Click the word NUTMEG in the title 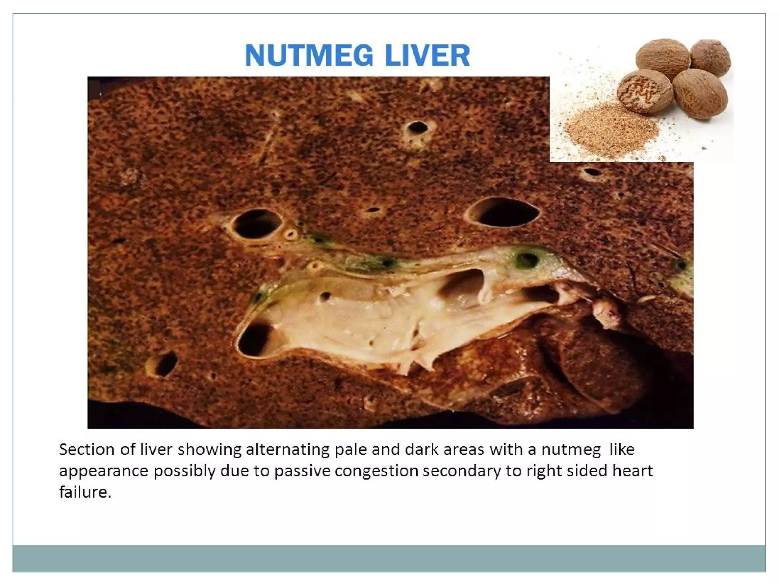(309, 56)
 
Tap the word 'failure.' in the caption (85, 492)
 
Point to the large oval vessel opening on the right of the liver (502, 212)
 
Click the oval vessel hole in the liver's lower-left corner (164, 364)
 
